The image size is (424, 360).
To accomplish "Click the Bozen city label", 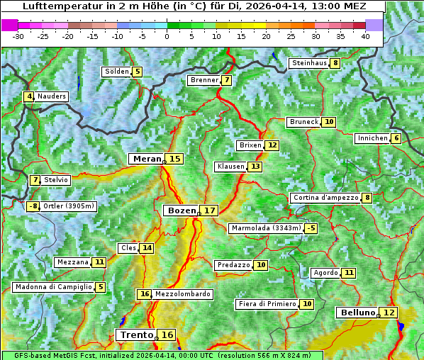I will tap(181, 210).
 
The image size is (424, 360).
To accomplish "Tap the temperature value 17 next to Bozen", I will tap(209, 210).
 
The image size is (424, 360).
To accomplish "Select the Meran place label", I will tap(147, 159).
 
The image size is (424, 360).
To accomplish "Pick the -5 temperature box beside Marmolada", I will tap(311, 228).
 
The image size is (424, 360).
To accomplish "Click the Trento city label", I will tap(136, 334).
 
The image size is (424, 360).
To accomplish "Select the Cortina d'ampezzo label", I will tap(325, 198).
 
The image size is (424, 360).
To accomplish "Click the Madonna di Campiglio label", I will tap(53, 287).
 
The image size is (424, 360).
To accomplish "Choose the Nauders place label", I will tap(52, 96).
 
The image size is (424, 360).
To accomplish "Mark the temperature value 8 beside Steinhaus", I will tap(335, 63).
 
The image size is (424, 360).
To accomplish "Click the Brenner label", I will tap(204, 80).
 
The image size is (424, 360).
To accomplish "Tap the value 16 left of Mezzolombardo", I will tap(145, 294).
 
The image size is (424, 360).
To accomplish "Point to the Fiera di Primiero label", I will tap(267, 304).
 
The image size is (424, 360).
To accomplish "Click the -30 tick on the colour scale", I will tap(18, 36).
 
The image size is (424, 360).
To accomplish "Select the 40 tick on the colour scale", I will tap(365, 36).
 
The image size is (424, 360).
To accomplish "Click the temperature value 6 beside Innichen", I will tap(396, 138).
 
